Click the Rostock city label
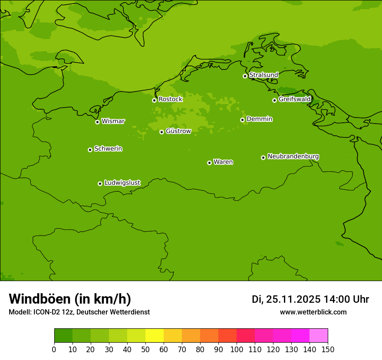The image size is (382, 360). click(170, 99)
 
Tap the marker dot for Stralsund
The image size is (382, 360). click(245, 76)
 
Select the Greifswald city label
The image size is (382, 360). click(294, 99)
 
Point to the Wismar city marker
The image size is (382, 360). click(97, 122)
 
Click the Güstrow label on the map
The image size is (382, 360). click(178, 131)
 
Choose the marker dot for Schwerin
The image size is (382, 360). click(90, 150)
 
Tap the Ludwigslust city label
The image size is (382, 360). click(122, 183)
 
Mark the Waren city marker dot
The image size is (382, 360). click(209, 163)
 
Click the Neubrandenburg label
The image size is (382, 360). click(293, 156)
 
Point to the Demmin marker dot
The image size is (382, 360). click(242, 120)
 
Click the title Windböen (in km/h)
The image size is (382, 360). click(70, 299)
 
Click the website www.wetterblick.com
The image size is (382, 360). click(313, 312)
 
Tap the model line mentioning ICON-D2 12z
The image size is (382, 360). click(79, 312)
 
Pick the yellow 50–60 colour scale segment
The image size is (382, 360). click(155, 336)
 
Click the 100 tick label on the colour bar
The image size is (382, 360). click(237, 350)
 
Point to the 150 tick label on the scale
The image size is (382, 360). click(328, 350)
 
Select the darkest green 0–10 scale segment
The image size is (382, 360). click(63, 336)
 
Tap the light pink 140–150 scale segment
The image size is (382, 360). click(319, 336)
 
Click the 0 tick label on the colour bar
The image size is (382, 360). click(54, 350)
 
